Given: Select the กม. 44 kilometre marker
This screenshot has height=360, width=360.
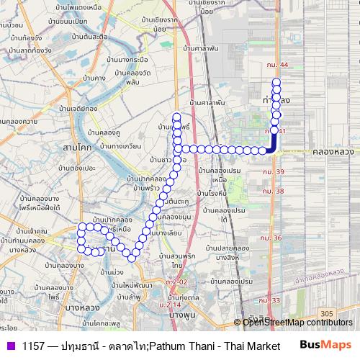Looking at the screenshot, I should [x=274, y=65].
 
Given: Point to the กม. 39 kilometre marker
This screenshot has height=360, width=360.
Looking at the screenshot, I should [x=274, y=172].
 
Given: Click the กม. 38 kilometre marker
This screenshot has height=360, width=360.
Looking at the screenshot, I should [x=274, y=191].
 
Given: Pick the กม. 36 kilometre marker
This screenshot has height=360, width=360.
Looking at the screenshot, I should [x=273, y=238].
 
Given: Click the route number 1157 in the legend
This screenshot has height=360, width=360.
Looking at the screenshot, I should [x=34, y=346].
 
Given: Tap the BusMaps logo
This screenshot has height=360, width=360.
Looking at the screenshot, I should [x=325, y=345].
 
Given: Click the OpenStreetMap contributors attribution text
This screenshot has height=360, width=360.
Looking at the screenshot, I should [x=297, y=322].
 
